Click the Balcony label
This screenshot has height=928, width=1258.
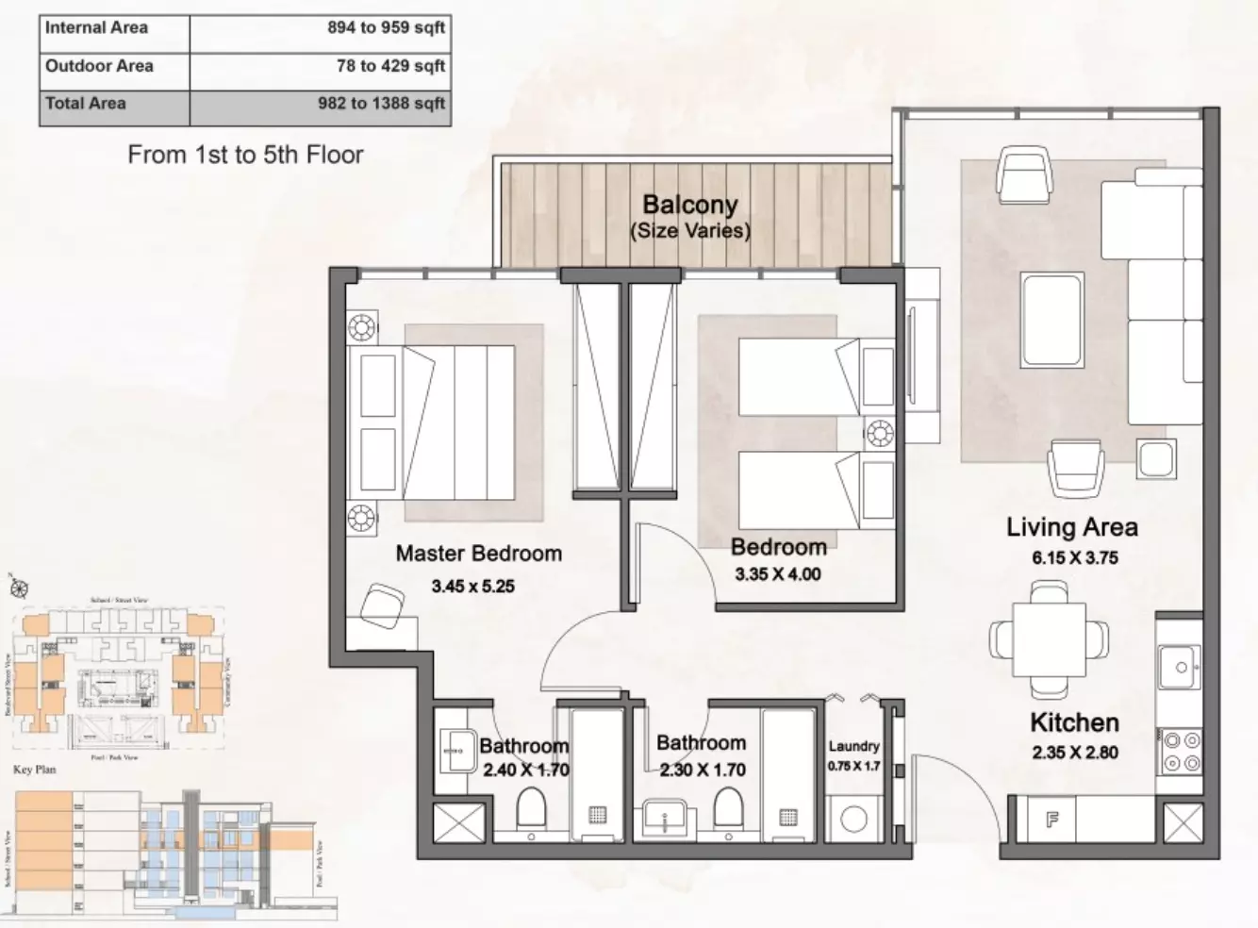click(x=689, y=205)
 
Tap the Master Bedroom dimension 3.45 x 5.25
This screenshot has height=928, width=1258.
click(x=472, y=587)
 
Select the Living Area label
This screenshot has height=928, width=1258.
click(x=1071, y=527)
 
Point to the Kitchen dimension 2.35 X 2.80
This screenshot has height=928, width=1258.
click(x=1074, y=753)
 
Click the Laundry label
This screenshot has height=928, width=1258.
click(x=853, y=746)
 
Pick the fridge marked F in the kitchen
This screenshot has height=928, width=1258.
click(x=1051, y=820)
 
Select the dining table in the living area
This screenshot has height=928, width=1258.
click(x=1048, y=639)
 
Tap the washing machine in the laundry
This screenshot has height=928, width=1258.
click(x=853, y=819)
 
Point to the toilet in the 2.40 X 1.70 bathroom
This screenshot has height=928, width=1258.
click(x=531, y=809)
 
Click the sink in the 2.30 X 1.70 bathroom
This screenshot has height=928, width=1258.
click(x=666, y=817)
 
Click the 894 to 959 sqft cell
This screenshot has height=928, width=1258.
click(x=321, y=28)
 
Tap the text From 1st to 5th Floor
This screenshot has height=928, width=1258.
click(x=245, y=155)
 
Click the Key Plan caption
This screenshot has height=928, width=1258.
click(x=34, y=770)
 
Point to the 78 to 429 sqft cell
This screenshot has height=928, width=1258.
click(x=321, y=66)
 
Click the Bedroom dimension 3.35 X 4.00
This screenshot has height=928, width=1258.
click(x=777, y=574)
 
